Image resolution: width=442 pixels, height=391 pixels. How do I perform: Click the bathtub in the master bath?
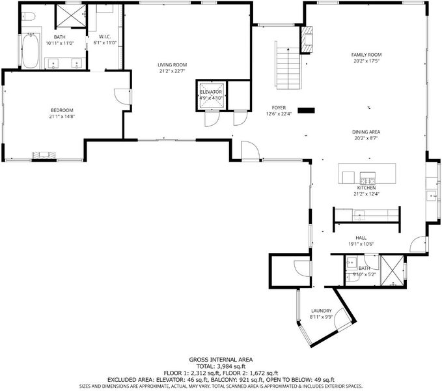click(31, 51)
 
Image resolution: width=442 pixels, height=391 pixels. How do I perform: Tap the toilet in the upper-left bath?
click(28, 17)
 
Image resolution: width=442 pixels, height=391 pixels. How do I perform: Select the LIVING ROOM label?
click(172, 65)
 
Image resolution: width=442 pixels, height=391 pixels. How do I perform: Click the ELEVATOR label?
click(211, 92)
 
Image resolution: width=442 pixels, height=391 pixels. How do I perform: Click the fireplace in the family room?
click(307, 40)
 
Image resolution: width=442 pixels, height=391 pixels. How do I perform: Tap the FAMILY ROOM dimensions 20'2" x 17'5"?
click(366, 61)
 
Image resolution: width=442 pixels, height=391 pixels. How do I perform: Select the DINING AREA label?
click(366, 132)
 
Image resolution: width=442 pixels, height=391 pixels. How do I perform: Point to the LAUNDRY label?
click(322, 311)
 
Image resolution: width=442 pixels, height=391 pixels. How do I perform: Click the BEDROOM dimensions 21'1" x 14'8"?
click(62, 116)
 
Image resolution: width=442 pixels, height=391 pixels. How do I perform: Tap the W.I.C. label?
click(105, 36)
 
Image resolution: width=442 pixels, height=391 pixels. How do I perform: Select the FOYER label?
click(279, 108)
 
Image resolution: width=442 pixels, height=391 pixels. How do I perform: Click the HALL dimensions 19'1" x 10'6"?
click(361, 244)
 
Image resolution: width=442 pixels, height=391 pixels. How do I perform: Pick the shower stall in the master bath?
click(71, 16)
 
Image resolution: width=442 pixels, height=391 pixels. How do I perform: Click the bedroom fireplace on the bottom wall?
click(44, 156)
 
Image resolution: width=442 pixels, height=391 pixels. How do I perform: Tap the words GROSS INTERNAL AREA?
click(221, 360)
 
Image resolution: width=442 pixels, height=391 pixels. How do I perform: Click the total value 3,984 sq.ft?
click(231, 366)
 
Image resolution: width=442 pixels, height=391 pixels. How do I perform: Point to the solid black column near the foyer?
click(306, 111)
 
